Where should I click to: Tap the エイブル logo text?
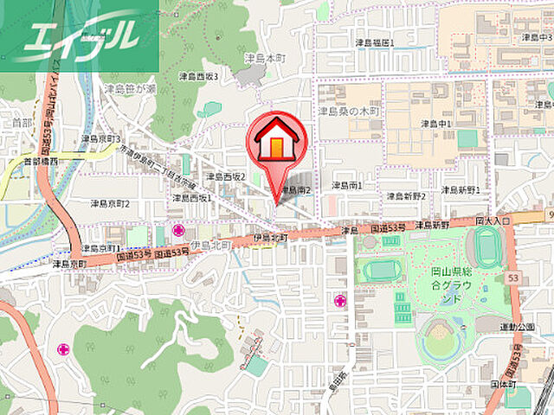point(83,35)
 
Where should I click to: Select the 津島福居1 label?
point(374,41)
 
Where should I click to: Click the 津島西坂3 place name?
point(198,76)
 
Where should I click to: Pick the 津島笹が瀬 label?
point(129,88)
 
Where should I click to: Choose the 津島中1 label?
point(437,124)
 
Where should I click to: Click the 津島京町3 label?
point(101,138)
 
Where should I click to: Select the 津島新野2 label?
point(406,196)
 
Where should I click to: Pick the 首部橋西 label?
point(41,161)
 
